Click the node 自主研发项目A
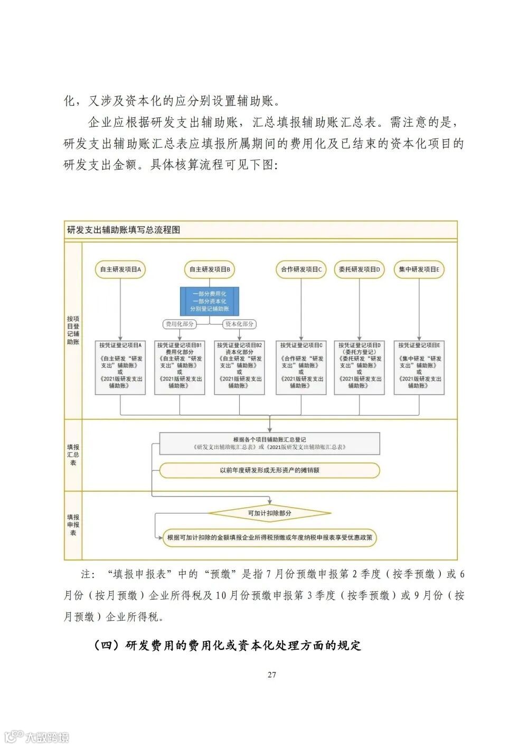[x=120, y=269]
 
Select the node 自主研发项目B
[x=210, y=269]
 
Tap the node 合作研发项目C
[x=301, y=269]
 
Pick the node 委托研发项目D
[x=359, y=269]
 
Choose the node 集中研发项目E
[x=419, y=269]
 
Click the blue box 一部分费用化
[x=210, y=301]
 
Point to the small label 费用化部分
[x=180, y=324]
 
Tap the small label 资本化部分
[x=240, y=324]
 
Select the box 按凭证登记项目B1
[x=180, y=366]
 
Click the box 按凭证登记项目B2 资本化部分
[x=239, y=366]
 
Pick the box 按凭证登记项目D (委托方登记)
[x=359, y=366]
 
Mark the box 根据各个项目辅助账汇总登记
[x=269, y=443]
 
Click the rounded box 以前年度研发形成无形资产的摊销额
[x=269, y=470]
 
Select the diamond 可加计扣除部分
[x=269, y=513]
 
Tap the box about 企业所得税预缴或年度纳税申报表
[x=269, y=538]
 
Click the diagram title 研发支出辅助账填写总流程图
[x=124, y=230]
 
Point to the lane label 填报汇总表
[x=73, y=455]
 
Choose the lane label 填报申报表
[x=73, y=525]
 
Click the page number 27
[x=272, y=675]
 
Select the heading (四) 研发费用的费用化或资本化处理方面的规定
[x=227, y=646]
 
